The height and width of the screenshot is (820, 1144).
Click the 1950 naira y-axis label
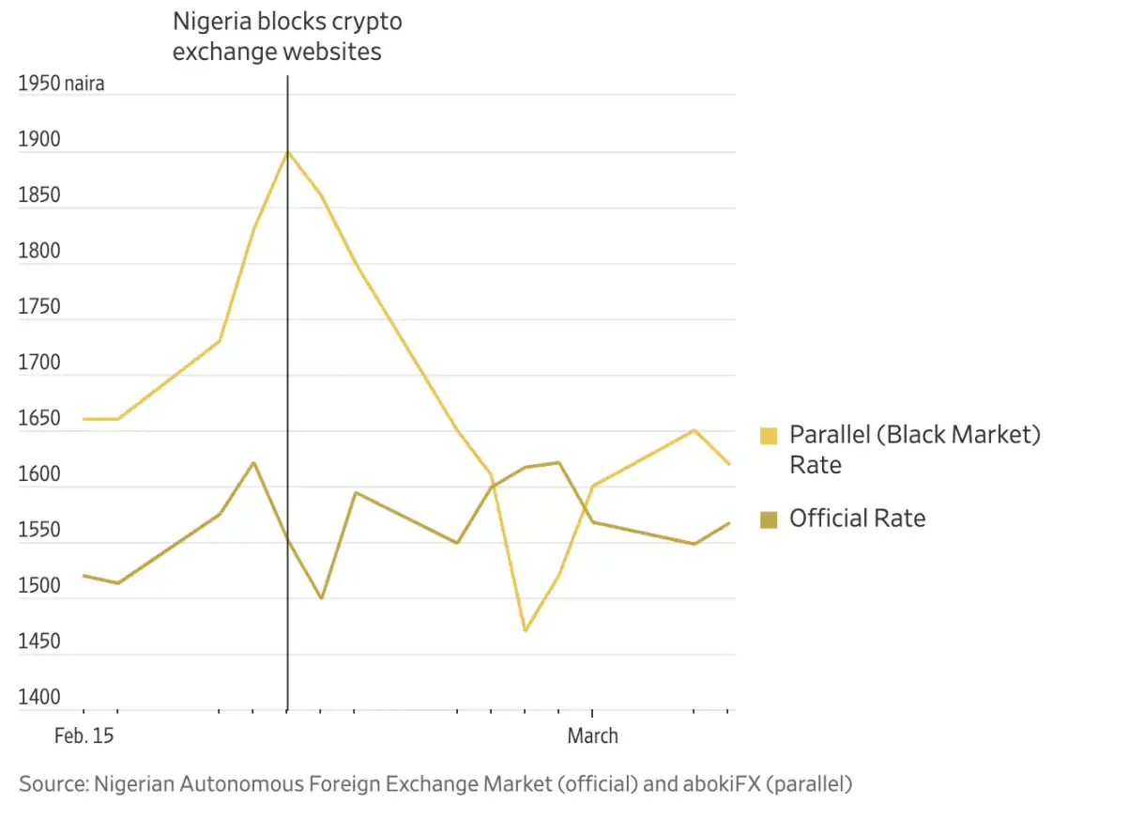tap(61, 84)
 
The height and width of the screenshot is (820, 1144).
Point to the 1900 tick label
tap(38, 140)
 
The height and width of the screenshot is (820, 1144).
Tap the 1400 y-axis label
tap(38, 698)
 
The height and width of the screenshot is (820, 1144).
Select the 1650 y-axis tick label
tap(38, 419)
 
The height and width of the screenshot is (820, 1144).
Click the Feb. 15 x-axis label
tap(84, 736)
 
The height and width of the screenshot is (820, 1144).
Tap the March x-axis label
tap(592, 736)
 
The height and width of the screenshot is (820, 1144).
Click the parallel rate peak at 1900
tap(287, 151)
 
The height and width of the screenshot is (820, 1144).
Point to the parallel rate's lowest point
tap(525, 630)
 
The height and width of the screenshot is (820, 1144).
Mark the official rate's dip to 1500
tap(321, 598)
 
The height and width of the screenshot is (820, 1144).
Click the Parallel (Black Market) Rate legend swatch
tap(769, 436)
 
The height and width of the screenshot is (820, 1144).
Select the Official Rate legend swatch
tap(769, 518)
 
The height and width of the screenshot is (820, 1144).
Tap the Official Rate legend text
tap(857, 518)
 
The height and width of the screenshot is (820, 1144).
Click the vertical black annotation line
tap(287, 376)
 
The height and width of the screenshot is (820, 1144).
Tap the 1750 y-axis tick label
tap(38, 307)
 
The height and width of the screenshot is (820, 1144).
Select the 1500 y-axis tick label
tap(38, 586)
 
